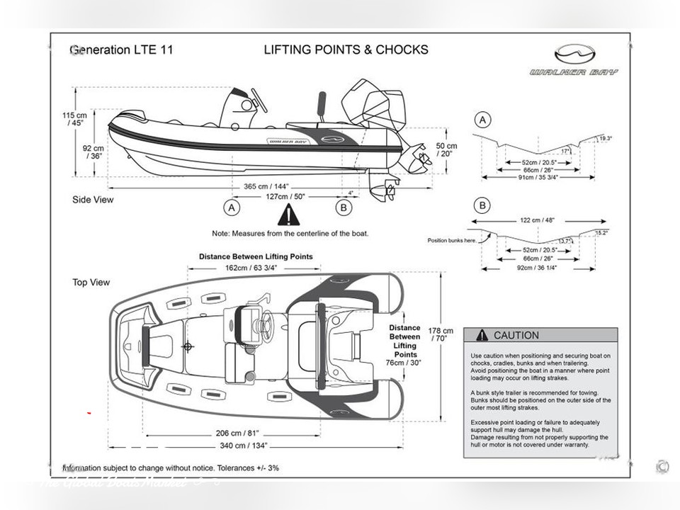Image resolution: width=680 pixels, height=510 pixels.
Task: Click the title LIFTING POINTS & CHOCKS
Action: [x=346, y=50]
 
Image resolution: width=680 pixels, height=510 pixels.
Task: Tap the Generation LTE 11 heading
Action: [x=121, y=50]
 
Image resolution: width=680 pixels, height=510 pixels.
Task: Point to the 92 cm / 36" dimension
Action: [x=93, y=152]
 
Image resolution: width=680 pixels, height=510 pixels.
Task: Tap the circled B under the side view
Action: [x=344, y=208]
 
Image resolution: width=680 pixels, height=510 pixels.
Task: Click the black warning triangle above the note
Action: [x=288, y=215]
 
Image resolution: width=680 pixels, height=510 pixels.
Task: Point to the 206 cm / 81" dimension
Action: [x=238, y=433]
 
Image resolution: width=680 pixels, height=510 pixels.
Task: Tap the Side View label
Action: [x=93, y=200]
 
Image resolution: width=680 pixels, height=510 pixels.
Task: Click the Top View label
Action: [x=91, y=282]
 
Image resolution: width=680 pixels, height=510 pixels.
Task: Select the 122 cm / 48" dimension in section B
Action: [x=540, y=220]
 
